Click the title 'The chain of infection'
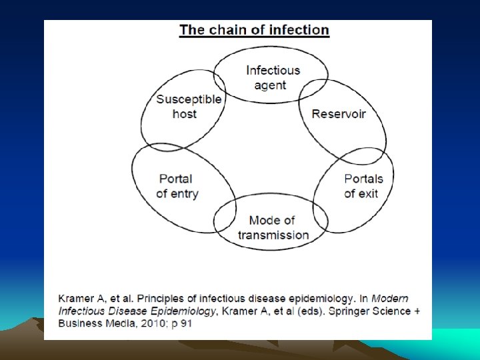pyautogui.click(x=254, y=30)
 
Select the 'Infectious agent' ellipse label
pyautogui.click(x=273, y=77)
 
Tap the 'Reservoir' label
pyautogui.click(x=339, y=113)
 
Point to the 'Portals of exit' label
pyautogui.click(x=363, y=186)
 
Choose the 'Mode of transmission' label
pyautogui.click(x=273, y=227)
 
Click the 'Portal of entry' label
pyautogui.click(x=177, y=186)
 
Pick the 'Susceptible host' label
pyautogui.click(x=189, y=107)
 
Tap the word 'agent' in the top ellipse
pyautogui.click(x=270, y=85)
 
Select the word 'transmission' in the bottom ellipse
pyautogui.click(x=273, y=235)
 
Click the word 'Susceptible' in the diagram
pyautogui.click(x=189, y=99)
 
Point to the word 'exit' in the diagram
pyautogui.click(x=369, y=193)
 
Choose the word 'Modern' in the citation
pyautogui.click(x=389, y=298)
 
